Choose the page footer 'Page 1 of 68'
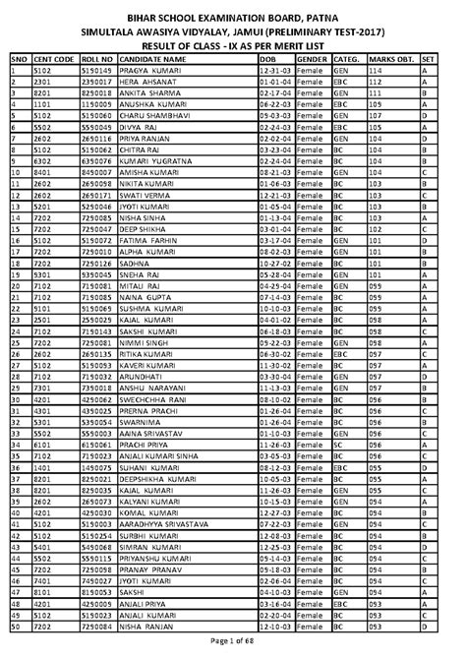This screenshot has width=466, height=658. [233, 642]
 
